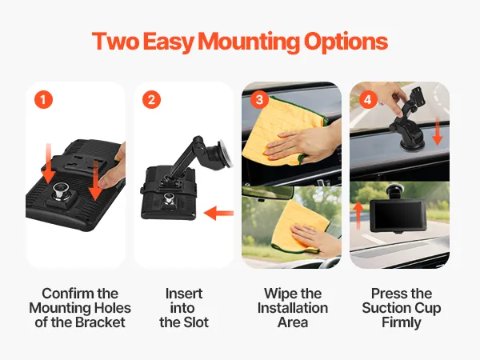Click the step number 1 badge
[x=43, y=99]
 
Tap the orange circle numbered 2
[x=151, y=99]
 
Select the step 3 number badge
[x=259, y=99]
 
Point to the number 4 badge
[x=368, y=99]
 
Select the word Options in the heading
[x=346, y=42]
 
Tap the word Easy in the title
[x=168, y=42]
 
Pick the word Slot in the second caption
[x=197, y=322]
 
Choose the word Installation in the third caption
[x=293, y=308]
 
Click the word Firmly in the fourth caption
[x=402, y=323]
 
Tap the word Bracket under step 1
[x=100, y=322]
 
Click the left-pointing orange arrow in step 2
[x=218, y=213]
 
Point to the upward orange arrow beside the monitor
[x=358, y=215]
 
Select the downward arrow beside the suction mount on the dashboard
[x=437, y=132]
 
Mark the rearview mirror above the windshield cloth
[x=268, y=193]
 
